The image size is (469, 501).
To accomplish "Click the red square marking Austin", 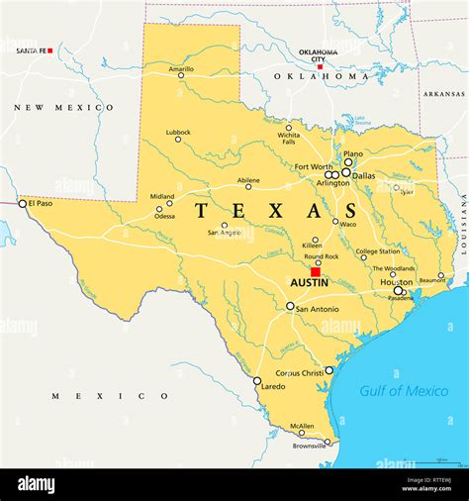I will pyautogui.click(x=316, y=271).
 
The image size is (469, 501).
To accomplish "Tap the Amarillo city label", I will pyautogui.click(x=181, y=68).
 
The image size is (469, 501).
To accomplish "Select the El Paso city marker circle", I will pyautogui.click(x=23, y=203).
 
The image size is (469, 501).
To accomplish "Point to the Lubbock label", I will pyautogui.click(x=178, y=132).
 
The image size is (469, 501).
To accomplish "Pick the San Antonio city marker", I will pyautogui.click(x=290, y=306).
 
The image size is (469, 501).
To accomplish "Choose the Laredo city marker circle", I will pyautogui.click(x=257, y=380).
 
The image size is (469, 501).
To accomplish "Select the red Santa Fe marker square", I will pyautogui.click(x=49, y=50).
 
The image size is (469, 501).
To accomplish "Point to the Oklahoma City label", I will pyautogui.click(x=318, y=55).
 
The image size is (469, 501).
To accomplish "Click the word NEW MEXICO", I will pyautogui.click(x=63, y=107).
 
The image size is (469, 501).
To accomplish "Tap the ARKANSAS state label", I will pyautogui.click(x=443, y=94).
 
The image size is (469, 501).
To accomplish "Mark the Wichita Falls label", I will pyautogui.click(x=289, y=139).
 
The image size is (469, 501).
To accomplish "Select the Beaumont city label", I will pyautogui.click(x=432, y=280).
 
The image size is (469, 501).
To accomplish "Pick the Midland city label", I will pyautogui.click(x=161, y=196).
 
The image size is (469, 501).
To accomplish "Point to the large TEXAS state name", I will pyautogui.click(x=262, y=211).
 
